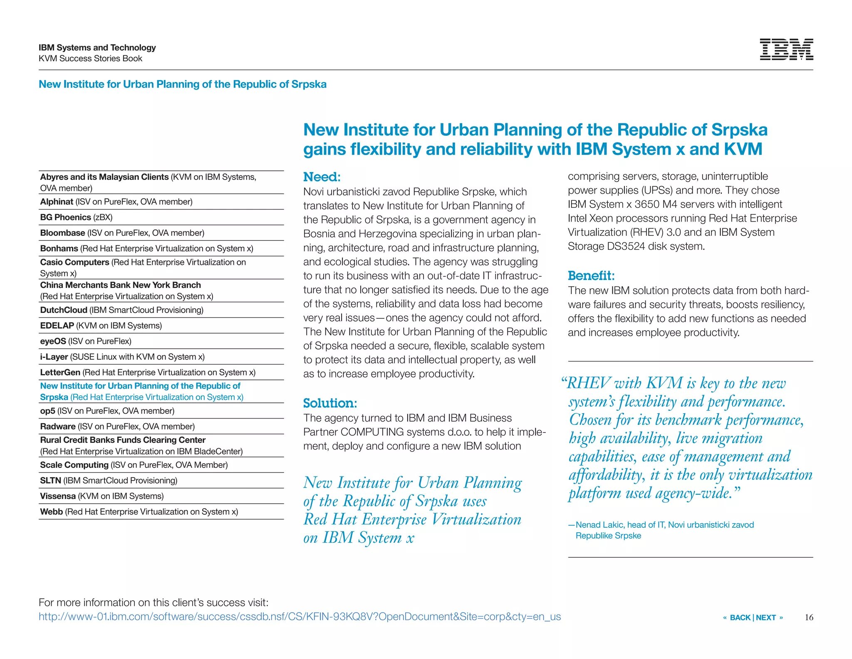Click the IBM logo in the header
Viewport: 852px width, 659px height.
786,50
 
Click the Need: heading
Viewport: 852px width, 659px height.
322,177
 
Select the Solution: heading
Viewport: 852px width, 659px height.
330,403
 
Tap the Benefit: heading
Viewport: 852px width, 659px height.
591,276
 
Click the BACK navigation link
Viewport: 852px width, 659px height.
740,617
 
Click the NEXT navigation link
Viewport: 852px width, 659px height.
766,617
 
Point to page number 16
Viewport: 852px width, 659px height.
809,617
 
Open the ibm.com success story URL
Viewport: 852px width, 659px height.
300,617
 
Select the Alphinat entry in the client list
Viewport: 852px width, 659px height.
116,202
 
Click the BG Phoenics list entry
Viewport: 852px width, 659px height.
76,217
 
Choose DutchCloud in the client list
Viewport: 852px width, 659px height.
121,310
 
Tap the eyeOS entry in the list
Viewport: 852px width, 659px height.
85,341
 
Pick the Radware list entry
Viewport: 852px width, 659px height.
117,427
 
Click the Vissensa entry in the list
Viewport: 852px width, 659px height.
102,496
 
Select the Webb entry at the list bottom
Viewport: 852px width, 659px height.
139,512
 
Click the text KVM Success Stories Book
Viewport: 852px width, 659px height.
90,58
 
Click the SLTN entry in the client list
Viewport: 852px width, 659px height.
108,481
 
